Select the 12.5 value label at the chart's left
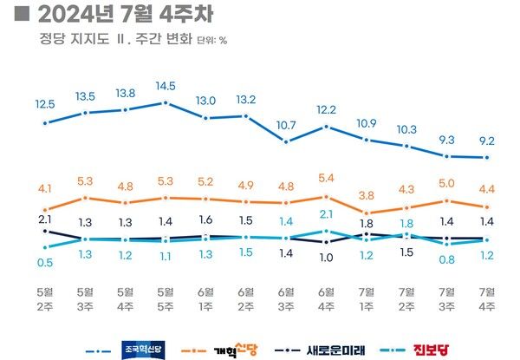click(45, 104)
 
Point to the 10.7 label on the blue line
click(286, 125)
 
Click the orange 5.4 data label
click(326, 179)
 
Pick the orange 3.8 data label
click(367, 195)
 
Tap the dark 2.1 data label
click(45, 219)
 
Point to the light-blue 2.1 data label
click(326, 214)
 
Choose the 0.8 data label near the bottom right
click(446, 259)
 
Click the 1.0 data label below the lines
click(326, 257)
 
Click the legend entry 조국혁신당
click(138, 350)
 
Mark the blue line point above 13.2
click(246, 115)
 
